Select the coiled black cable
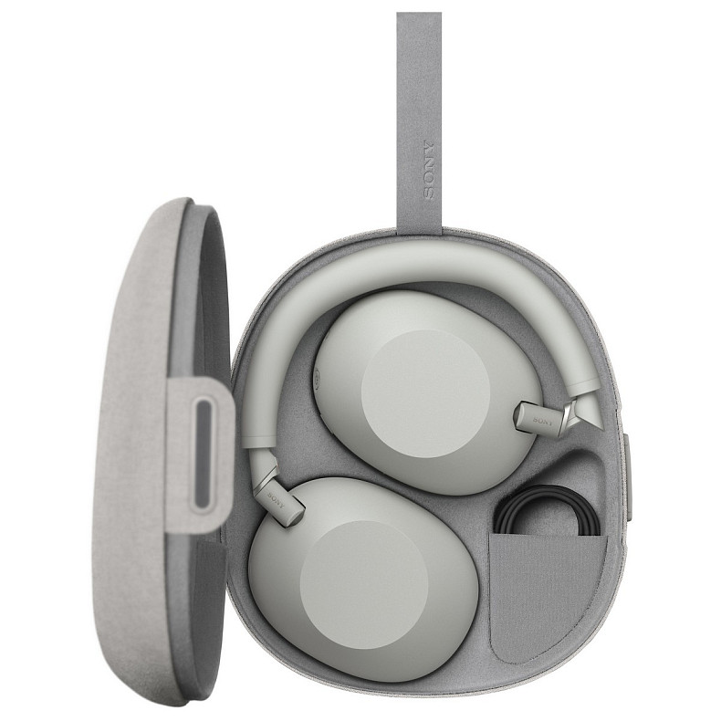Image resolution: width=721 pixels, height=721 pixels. click(547, 512)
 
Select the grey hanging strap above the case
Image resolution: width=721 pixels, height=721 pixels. click(420, 91)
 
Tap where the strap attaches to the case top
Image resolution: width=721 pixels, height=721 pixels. click(420, 228)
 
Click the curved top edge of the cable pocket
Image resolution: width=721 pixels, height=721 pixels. click(547, 537)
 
